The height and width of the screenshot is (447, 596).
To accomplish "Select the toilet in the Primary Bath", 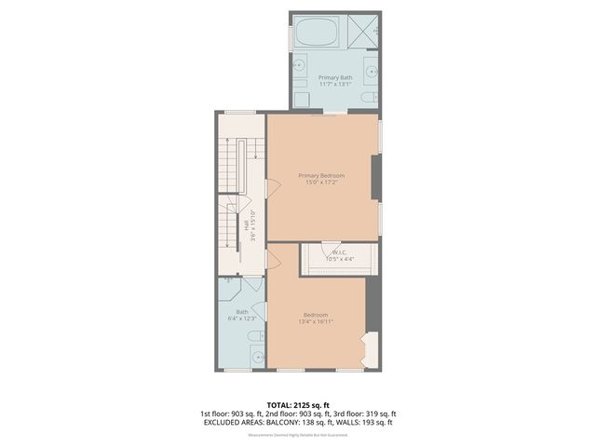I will coord(368,96).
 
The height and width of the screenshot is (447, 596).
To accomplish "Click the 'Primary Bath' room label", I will coord(334,78).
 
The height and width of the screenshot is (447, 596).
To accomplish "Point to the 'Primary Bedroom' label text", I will coord(321,175).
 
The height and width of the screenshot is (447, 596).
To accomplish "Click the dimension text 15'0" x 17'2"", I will coord(321,183).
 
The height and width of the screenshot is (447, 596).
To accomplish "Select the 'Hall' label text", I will coord(246,224).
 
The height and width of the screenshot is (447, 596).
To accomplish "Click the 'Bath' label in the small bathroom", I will coord(242,312).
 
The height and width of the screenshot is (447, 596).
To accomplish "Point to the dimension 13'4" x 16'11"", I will coord(316,322).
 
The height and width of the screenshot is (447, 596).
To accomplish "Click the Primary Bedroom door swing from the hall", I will coord(273,188).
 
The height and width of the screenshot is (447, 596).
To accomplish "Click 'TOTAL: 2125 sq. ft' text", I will coord(298,405).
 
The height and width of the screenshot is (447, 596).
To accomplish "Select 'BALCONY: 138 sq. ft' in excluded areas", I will coord(300,422).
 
